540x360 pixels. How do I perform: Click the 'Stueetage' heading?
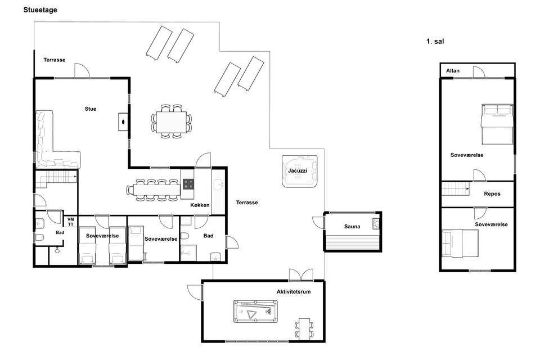click(40, 10)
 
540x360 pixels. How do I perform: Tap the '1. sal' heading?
click(435, 41)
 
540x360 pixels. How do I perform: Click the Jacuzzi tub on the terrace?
click(300, 171)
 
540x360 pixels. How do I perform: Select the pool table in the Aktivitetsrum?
click(255, 312)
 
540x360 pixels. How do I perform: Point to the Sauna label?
click(352, 226)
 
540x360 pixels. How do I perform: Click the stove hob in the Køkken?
click(188, 184)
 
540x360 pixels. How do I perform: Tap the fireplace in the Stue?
click(123, 121)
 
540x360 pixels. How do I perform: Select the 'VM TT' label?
click(71, 222)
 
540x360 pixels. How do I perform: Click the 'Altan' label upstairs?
click(452, 71)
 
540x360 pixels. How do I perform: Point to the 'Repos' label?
click(492, 194)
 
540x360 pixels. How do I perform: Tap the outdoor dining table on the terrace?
click(171, 122)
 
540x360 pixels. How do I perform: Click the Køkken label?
click(200, 205)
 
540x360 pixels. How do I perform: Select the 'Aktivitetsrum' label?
click(294, 291)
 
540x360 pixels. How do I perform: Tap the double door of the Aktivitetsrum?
click(301, 275)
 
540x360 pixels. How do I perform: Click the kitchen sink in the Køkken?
click(218, 185)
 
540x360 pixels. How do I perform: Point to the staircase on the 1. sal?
click(455, 189)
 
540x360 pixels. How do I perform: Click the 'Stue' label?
click(91, 109)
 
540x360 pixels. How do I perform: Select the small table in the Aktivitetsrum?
click(304, 328)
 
